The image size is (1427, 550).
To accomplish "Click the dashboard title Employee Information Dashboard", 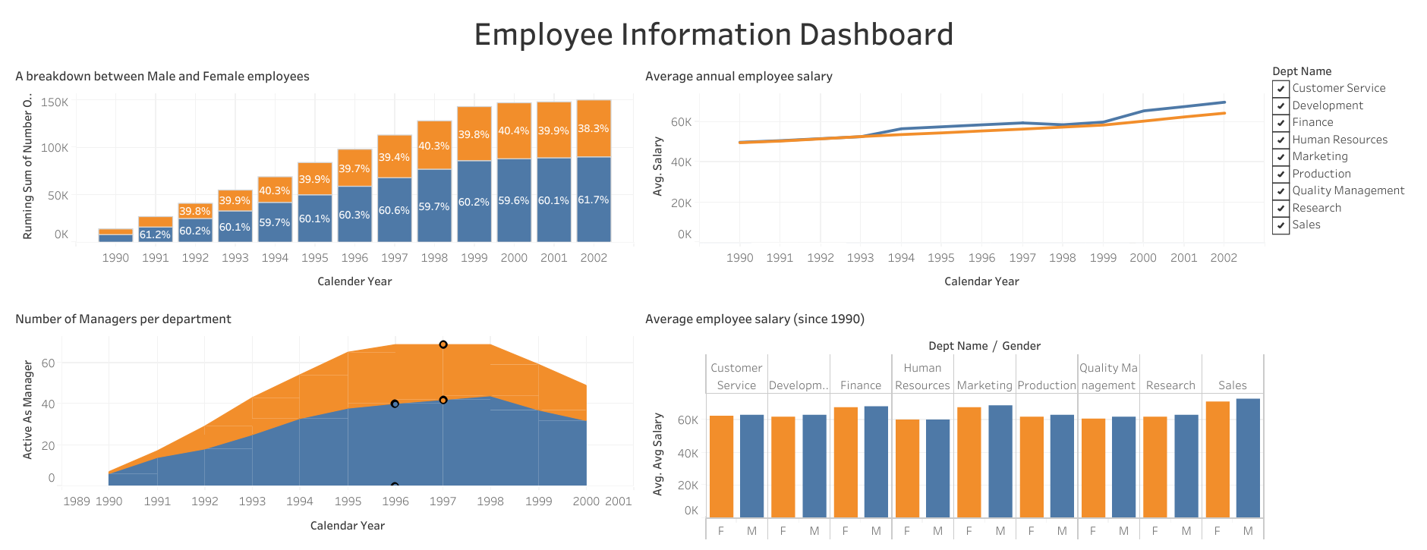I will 713,35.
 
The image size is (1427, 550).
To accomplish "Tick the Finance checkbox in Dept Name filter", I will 1281,123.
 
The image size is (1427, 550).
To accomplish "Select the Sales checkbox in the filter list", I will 1281,225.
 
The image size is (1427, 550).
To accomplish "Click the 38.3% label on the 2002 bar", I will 593,129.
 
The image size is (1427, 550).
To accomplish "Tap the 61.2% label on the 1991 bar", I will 155,235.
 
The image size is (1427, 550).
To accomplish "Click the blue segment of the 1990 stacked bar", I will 115,238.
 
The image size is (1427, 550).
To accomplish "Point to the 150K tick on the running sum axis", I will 55,102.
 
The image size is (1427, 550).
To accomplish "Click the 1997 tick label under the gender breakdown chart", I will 394,258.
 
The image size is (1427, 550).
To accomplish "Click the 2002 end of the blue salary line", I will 1224,102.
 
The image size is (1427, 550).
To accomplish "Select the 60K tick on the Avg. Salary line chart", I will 681,122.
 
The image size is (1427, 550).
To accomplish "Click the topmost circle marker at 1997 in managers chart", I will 443,344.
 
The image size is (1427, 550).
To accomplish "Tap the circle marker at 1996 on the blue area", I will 395,404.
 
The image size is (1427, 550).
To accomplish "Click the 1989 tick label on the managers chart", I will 76,501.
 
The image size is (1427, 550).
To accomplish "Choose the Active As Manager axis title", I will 28,410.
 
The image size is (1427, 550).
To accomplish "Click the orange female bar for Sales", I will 1217,459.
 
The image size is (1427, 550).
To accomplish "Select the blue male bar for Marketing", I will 1000,461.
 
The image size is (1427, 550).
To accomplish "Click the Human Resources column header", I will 922,376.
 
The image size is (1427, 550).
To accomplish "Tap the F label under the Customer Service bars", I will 721,531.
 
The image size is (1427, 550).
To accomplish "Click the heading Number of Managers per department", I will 123,319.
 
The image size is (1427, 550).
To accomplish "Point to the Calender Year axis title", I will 354,281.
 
